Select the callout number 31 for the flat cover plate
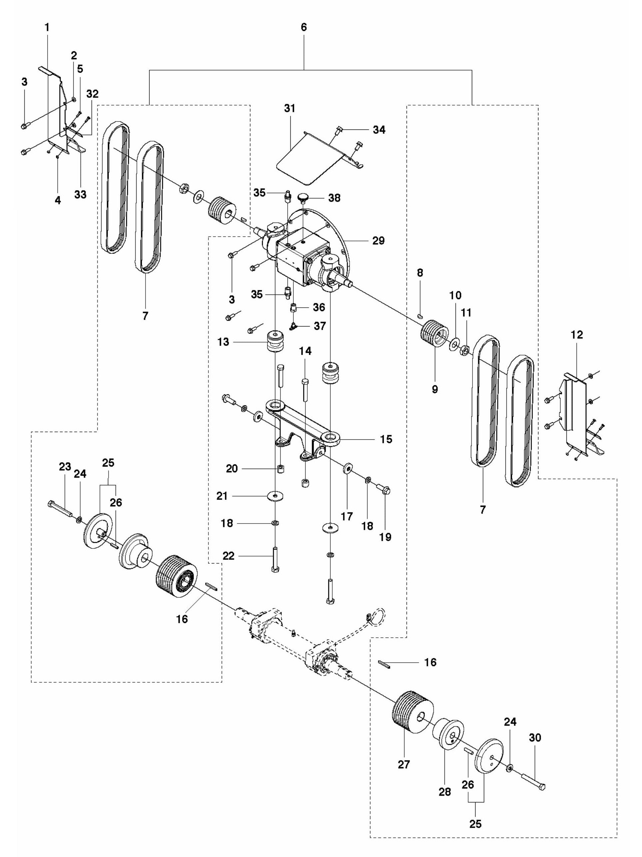click(289, 109)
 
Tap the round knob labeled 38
click(303, 199)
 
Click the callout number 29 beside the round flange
click(378, 241)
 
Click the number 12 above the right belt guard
click(577, 335)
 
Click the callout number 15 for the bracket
click(386, 439)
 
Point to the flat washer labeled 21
click(275, 496)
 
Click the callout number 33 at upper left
click(80, 194)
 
